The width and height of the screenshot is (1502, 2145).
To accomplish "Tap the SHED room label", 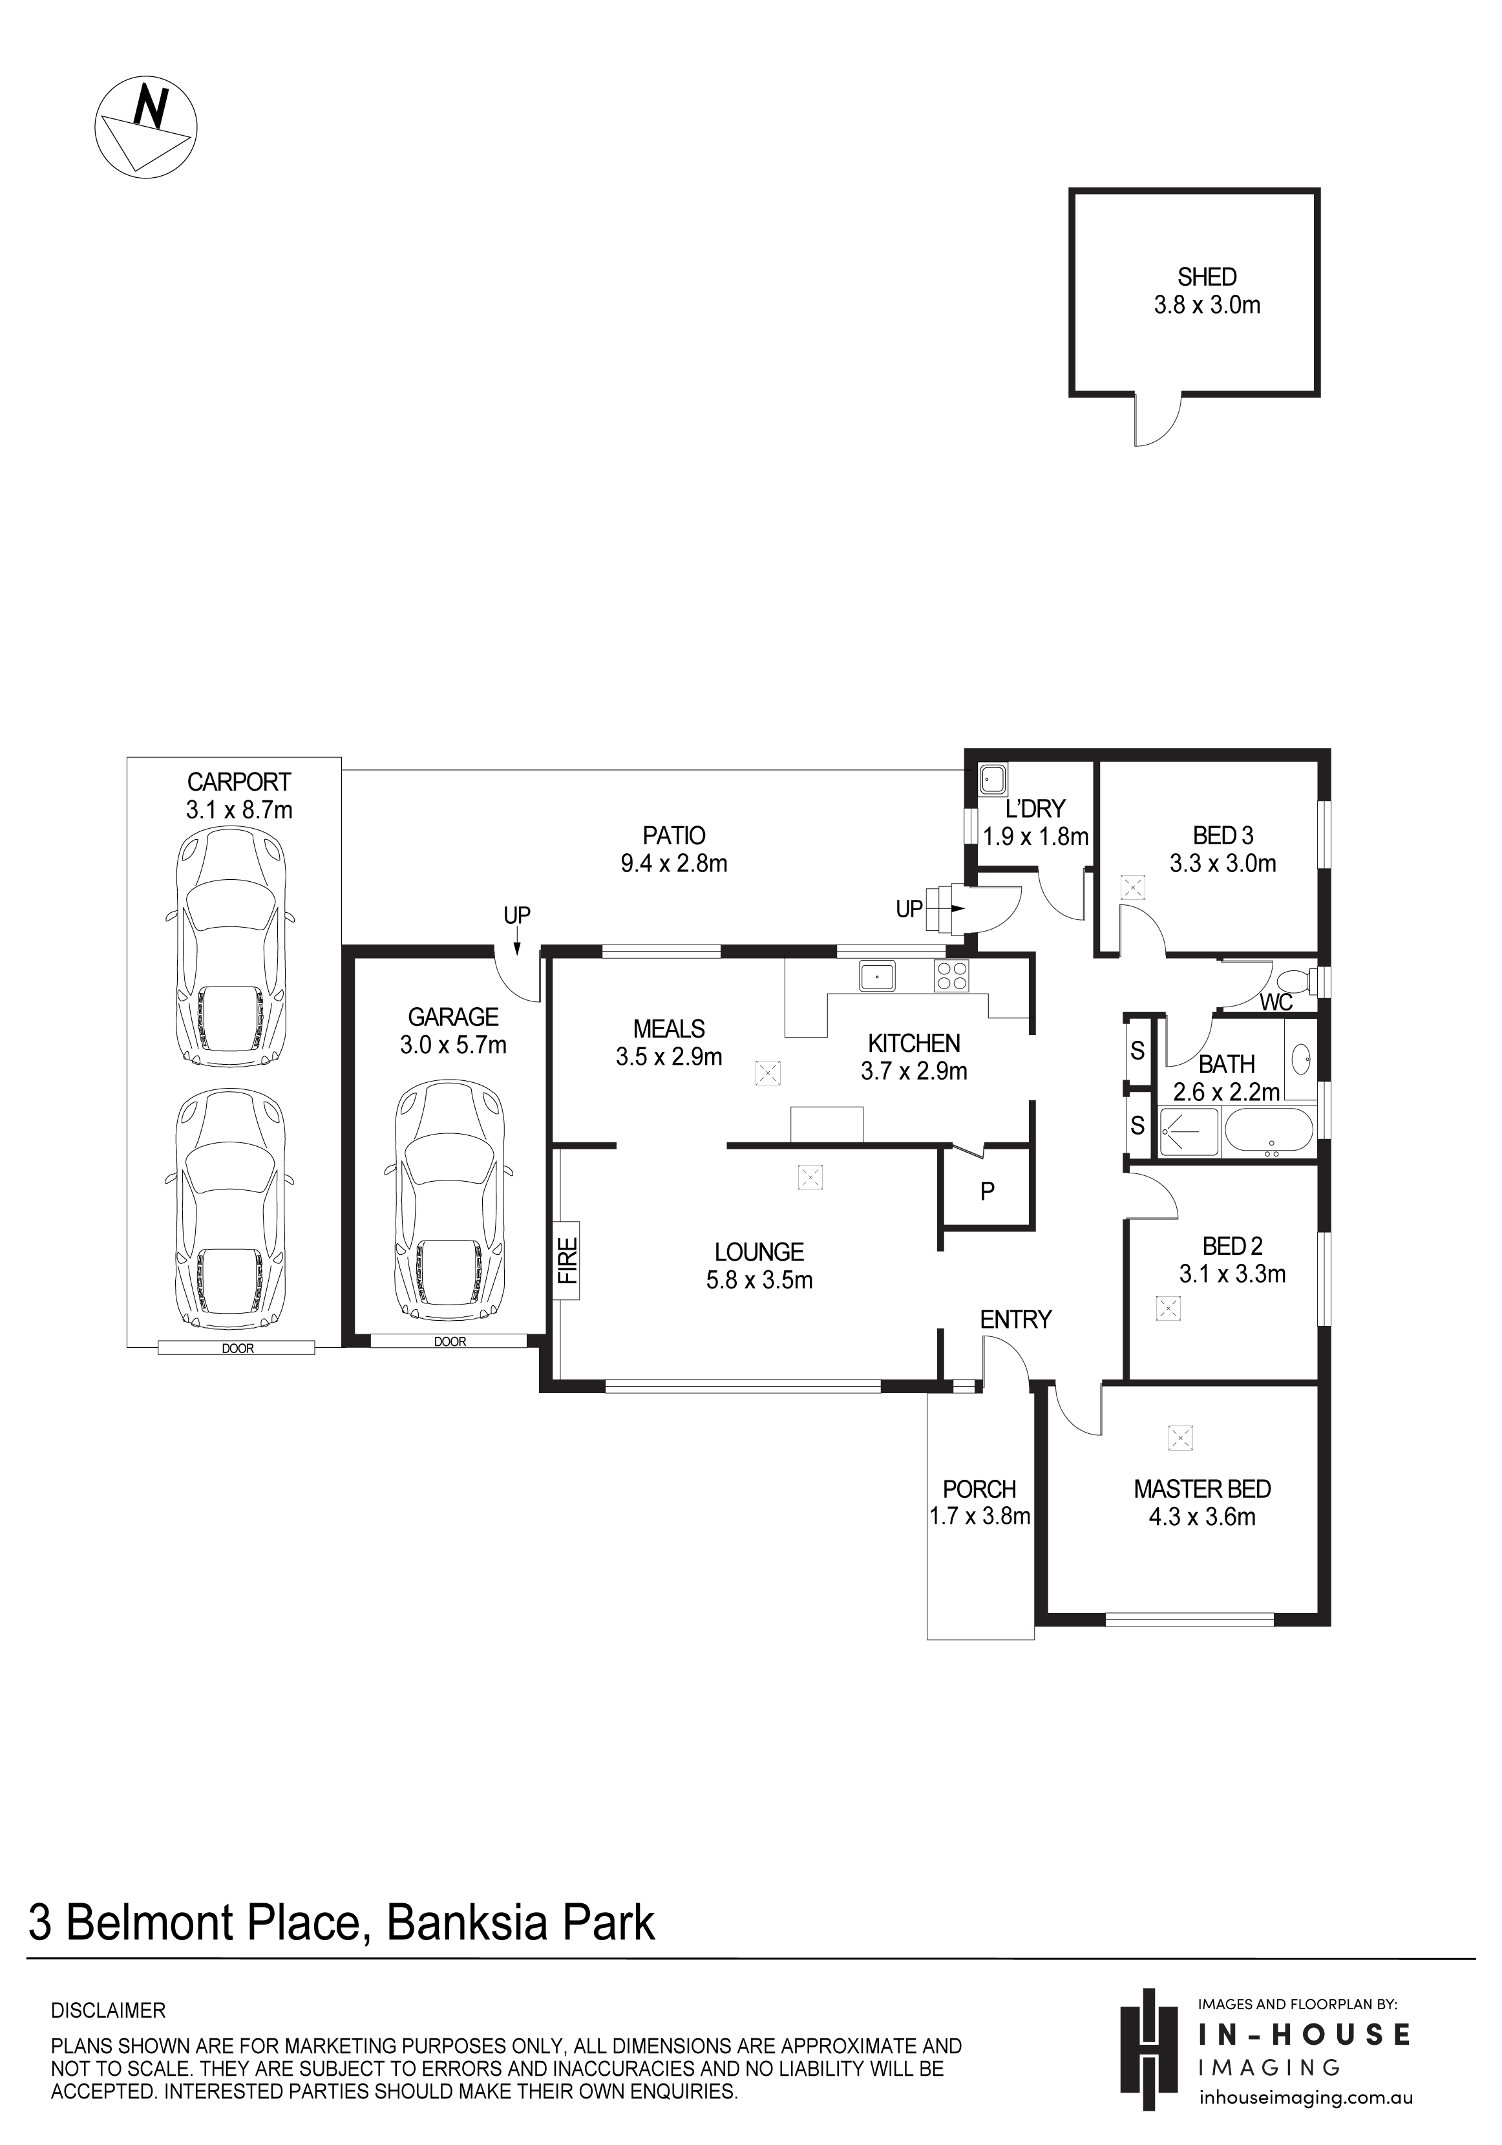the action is [x=1207, y=277].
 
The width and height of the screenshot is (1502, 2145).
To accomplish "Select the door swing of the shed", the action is [x=1158, y=420].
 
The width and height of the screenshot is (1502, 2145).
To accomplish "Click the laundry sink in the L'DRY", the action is [x=991, y=778].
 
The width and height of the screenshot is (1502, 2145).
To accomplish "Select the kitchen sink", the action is [x=877, y=976].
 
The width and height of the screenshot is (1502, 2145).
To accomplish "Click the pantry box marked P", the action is [x=986, y=1186].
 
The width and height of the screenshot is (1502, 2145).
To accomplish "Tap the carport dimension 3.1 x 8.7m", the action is [x=239, y=810].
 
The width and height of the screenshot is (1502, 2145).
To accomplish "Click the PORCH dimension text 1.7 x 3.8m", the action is [x=980, y=1516].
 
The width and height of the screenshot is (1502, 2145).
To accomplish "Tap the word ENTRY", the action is [x=1015, y=1319].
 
